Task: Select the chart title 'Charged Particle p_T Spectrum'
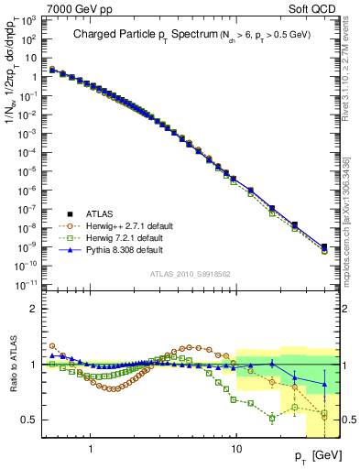pyautogui.click(x=138, y=34)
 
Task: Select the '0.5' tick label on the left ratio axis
pyautogui.click(x=32, y=420)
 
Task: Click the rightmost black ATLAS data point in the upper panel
pyautogui.click(x=324, y=246)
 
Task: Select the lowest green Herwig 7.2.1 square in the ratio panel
pyautogui.click(x=273, y=419)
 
